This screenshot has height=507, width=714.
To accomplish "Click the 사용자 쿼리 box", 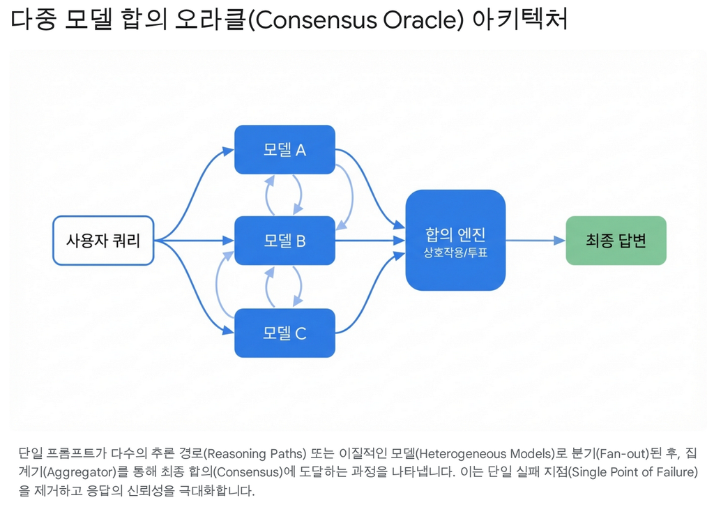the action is click(103, 241).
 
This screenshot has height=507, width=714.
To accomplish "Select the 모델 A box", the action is click(284, 149).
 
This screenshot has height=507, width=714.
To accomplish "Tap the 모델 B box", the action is click(284, 241).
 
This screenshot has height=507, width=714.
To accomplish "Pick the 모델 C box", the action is click(284, 333).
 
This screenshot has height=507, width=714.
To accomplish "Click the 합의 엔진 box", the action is click(455, 240).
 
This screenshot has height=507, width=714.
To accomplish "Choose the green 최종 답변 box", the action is click(616, 241).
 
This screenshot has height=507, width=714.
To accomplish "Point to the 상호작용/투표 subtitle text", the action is click(455, 252).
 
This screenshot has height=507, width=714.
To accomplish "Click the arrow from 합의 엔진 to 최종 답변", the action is click(535, 241).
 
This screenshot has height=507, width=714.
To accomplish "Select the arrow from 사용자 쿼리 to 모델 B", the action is click(195, 241).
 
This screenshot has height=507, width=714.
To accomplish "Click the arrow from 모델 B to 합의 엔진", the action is click(370, 241).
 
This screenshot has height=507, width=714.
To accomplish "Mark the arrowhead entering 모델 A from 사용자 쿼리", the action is click(229, 151).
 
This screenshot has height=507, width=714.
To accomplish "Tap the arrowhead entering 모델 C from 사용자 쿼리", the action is click(229, 331).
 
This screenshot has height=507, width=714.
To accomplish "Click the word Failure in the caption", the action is click(672, 472).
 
